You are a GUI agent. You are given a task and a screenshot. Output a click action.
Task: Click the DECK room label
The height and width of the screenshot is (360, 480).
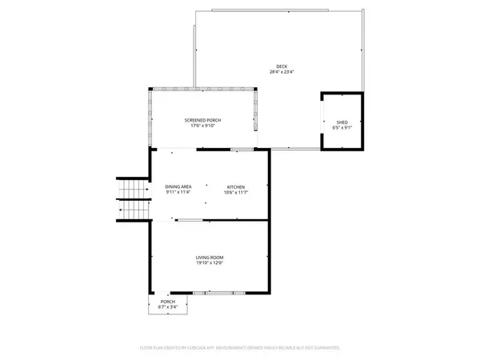coord(282,66)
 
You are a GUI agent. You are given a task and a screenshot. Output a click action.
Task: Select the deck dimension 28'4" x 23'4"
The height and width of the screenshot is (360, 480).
coord(282,72)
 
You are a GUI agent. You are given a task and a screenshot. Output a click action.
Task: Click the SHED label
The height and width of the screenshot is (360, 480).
coord(341,122)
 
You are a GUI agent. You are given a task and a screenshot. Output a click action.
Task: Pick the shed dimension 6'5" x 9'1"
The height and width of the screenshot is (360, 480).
coord(341,127)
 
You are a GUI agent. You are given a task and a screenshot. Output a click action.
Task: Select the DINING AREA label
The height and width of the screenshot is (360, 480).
coord(178,186)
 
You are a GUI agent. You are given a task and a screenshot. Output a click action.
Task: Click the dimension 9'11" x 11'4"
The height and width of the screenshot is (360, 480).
coord(178,192)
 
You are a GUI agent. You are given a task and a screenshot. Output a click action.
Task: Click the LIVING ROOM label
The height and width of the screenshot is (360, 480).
coord(210,258)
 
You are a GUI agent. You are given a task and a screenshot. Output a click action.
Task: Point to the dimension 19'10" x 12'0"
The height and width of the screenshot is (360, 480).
coord(210,263)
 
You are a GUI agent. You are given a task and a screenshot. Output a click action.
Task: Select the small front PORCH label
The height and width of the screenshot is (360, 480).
coord(167,301)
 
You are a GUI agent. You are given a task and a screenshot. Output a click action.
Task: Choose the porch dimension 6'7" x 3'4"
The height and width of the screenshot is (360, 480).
coord(167,306)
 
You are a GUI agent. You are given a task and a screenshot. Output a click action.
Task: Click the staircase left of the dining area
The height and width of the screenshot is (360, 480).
coord(134,198)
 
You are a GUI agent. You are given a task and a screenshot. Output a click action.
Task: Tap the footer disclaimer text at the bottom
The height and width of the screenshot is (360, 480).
coord(240,348)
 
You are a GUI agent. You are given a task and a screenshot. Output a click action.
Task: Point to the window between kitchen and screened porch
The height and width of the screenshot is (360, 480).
coord(238,150)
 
